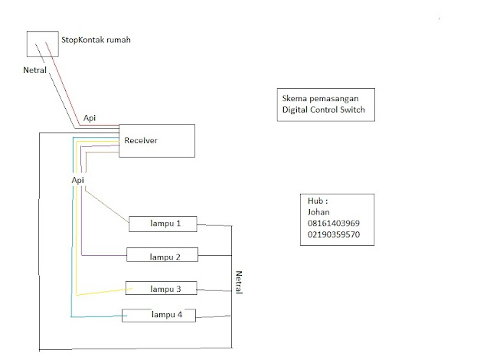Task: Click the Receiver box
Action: (x=156, y=140)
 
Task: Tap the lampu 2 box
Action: (x=162, y=256)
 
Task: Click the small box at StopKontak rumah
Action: (x=41, y=44)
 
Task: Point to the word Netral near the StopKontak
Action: (x=35, y=70)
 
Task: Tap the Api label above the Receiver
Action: (x=90, y=119)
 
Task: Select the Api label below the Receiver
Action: (x=77, y=179)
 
